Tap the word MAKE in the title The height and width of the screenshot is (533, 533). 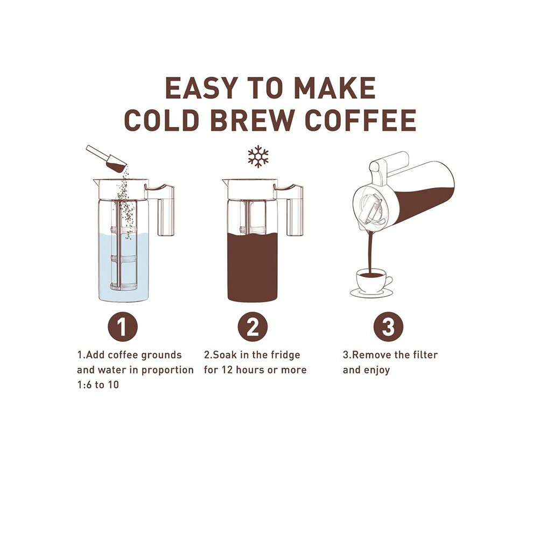coord(335,88)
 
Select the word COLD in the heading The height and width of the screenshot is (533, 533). coord(161,120)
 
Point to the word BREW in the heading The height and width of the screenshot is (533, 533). coord(252,120)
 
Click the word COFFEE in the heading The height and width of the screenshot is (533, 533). coord(361,120)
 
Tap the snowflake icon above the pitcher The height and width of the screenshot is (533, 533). coord(258,156)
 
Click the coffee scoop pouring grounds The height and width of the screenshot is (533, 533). coord(107,158)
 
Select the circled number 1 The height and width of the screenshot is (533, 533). coord(122,327)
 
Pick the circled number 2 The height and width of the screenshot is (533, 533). coord(253,327)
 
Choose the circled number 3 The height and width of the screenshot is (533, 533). coord(388,327)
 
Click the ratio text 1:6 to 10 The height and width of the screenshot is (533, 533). coord(98,385)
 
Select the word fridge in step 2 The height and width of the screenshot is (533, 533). coord(285,355)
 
